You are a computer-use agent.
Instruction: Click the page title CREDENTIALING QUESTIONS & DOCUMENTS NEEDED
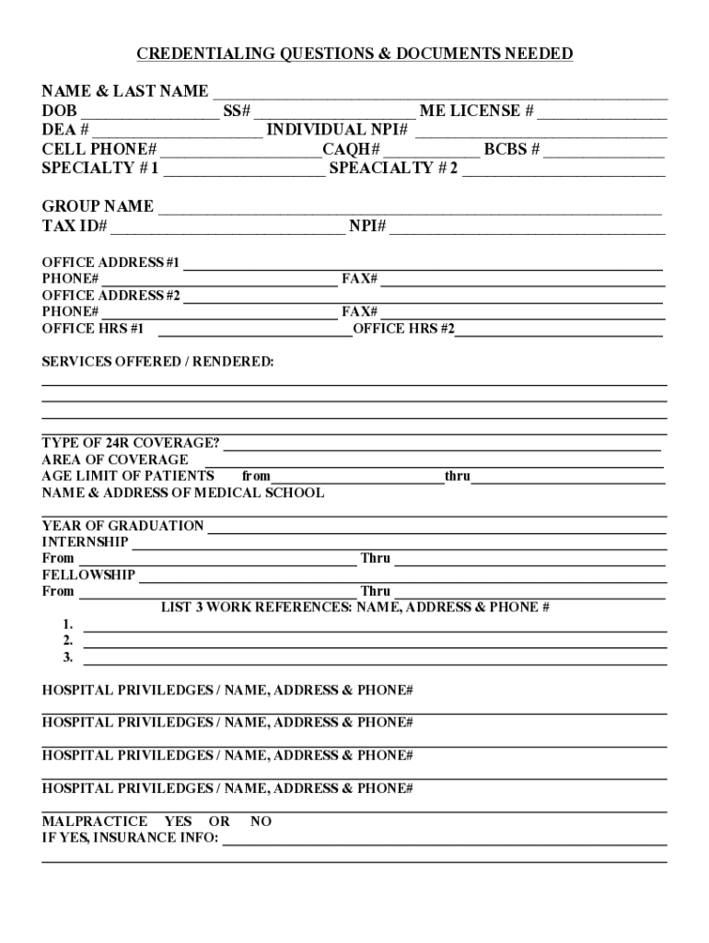click(354, 54)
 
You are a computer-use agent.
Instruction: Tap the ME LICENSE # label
click(476, 111)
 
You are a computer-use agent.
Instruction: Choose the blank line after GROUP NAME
click(410, 207)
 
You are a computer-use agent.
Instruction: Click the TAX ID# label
click(75, 227)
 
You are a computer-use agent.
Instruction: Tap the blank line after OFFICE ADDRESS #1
click(424, 264)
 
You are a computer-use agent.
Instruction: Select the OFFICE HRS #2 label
click(403, 329)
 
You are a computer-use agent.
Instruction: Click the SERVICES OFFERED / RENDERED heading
click(157, 362)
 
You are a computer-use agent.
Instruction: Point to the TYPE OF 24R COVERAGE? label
click(131, 443)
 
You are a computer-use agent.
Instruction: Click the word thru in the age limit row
click(458, 476)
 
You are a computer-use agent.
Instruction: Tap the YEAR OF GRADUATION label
click(122, 526)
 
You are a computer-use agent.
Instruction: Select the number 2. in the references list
click(68, 641)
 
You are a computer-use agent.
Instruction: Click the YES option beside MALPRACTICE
click(178, 821)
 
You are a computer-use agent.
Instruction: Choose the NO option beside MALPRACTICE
click(261, 821)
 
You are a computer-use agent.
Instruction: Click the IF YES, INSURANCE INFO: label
click(130, 838)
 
